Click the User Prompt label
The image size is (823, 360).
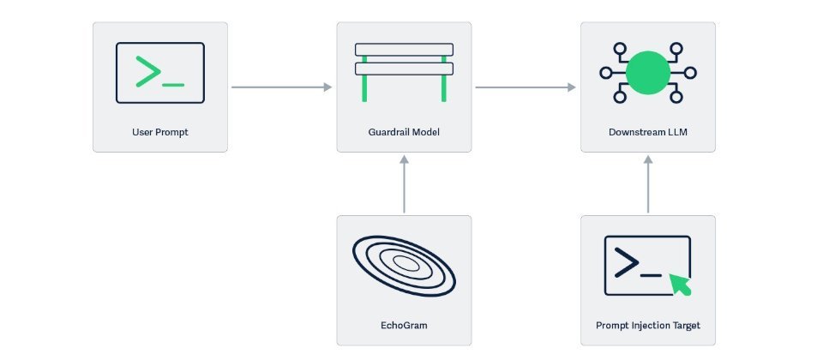(x=159, y=133)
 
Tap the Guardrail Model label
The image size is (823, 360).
(x=404, y=133)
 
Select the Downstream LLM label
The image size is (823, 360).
(x=647, y=133)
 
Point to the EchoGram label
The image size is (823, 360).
(x=404, y=326)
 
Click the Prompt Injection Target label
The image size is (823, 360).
(x=647, y=326)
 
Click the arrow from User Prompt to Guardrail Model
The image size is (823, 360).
(x=282, y=87)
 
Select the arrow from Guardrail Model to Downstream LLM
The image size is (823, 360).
(x=526, y=87)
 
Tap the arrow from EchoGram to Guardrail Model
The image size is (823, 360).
(x=404, y=184)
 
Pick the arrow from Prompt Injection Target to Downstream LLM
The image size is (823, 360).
(x=647, y=184)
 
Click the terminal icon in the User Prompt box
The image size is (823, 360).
(x=160, y=73)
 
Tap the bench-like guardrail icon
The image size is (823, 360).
(x=404, y=70)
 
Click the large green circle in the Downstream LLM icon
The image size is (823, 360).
(x=647, y=73)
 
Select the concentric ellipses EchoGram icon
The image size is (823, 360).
(x=404, y=266)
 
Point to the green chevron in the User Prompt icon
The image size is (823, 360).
(x=147, y=73)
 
